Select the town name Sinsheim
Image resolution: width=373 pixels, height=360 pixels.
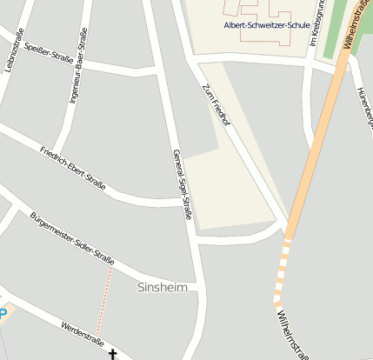[x=163, y=287]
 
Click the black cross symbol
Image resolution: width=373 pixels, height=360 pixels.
[x=111, y=354]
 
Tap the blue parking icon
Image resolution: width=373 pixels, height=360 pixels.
[x=3, y=314]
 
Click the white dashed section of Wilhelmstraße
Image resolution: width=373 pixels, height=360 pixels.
[x=281, y=271]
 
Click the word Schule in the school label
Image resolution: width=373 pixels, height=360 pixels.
[x=290, y=25]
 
